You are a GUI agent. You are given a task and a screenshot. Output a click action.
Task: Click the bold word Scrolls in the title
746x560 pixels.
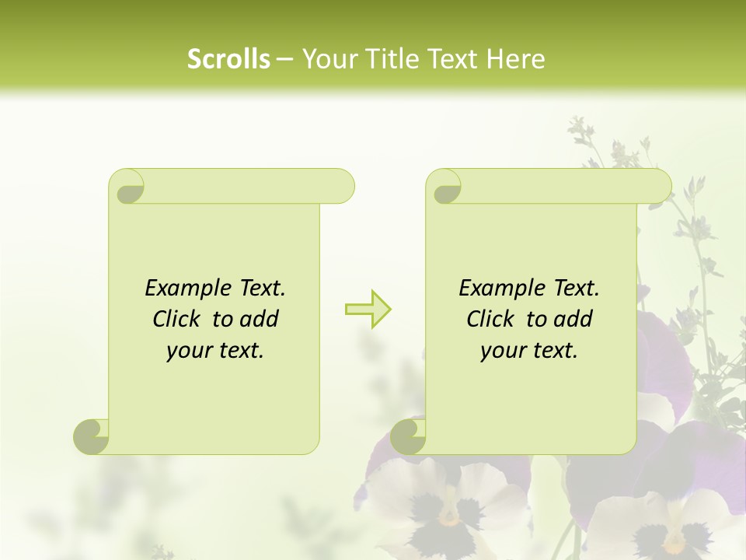[228, 59]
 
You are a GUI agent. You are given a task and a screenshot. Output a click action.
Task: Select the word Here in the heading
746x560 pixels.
[516, 59]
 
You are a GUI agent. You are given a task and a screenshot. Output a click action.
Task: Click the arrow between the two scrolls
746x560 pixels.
[368, 309]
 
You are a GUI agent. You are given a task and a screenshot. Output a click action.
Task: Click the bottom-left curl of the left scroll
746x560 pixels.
[91, 436]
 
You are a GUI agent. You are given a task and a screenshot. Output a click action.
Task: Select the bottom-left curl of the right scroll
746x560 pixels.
[408, 436]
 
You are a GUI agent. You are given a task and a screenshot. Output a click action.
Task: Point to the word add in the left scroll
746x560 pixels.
[259, 319]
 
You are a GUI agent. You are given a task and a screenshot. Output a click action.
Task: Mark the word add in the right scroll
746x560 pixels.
[573, 319]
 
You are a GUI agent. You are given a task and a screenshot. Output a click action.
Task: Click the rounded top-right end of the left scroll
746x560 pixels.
[342, 186]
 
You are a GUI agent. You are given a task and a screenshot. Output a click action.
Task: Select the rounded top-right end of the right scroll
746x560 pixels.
[659, 186]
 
